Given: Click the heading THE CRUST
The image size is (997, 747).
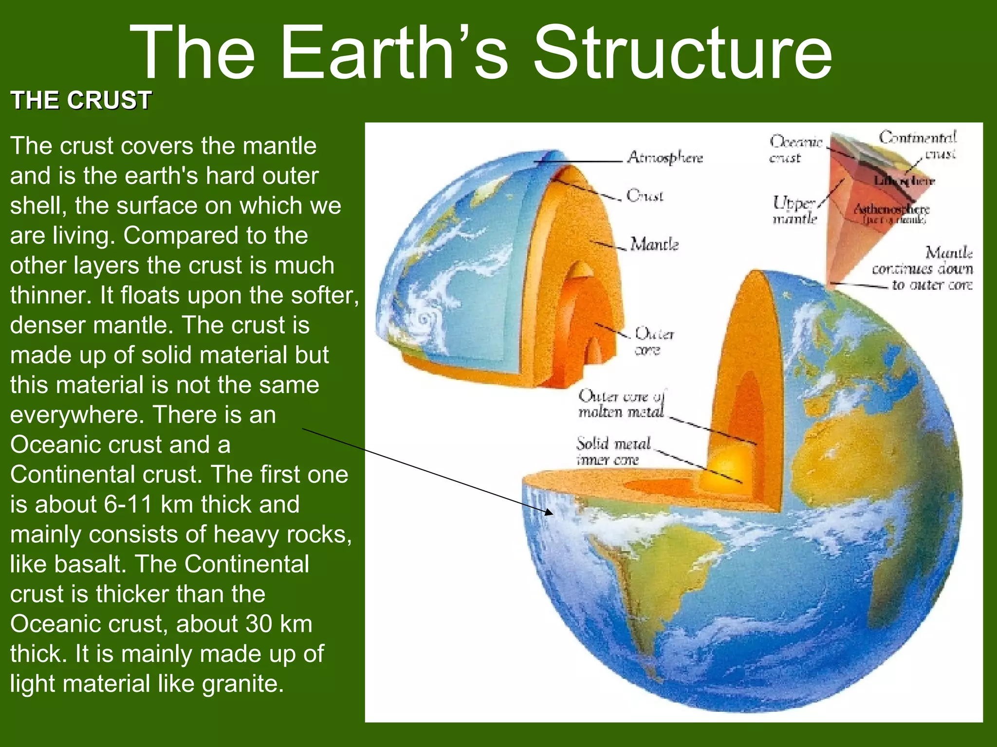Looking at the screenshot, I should tap(81, 101).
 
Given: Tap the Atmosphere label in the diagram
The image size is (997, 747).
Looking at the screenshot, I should tap(665, 158).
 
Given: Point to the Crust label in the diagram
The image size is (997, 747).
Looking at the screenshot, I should tap(645, 196).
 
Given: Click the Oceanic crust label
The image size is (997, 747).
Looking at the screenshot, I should tap(794, 149).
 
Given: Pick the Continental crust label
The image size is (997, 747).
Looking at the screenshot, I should tap(918, 144).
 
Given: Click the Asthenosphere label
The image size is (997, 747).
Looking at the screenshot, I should tap(892, 210).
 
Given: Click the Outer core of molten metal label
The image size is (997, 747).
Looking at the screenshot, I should tap(621, 404).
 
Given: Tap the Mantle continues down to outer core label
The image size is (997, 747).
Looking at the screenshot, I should tap(923, 268).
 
